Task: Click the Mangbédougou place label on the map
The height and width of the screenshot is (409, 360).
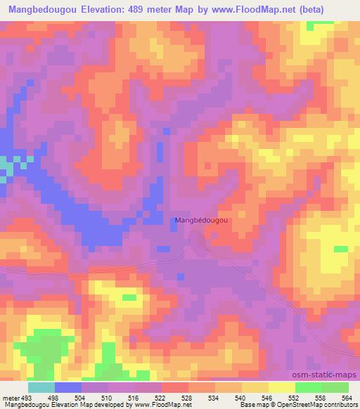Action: pyautogui.click(x=201, y=220)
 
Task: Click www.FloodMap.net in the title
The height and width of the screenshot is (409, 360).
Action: pyautogui.click(x=262, y=10)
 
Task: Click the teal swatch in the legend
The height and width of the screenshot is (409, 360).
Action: pyautogui.click(x=41, y=387)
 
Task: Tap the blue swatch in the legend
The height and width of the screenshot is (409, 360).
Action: pyautogui.click(x=67, y=387)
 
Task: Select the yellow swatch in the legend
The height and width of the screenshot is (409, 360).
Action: pyautogui.click(x=281, y=387)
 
